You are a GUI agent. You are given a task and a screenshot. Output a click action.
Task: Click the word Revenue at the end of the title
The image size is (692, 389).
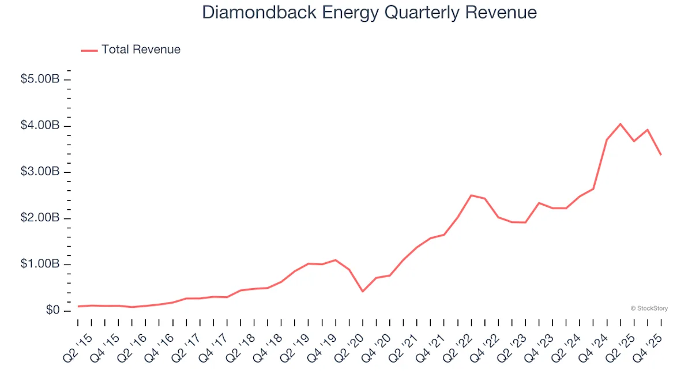pos(503,13)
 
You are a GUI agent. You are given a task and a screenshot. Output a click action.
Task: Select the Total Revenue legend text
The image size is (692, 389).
pos(141,50)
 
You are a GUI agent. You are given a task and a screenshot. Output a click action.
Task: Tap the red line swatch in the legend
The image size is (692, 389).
pos(89,50)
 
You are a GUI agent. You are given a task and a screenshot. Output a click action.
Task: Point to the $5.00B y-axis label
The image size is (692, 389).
pos(40,80)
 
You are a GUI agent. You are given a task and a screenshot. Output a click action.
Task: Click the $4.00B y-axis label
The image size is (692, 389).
pos(40,126)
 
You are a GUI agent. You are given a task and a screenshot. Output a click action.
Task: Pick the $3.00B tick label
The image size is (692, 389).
pos(40,172)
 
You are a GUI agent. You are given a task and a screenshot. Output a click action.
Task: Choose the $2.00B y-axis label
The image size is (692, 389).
pos(40,218)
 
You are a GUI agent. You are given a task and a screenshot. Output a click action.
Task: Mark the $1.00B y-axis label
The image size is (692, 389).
pos(40,264)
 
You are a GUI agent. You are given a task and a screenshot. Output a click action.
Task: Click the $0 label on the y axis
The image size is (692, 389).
pos(52,311)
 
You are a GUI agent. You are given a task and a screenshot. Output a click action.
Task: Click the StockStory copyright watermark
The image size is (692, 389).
pos(649,308)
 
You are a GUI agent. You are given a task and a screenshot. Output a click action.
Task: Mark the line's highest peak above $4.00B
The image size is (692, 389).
pos(620,124)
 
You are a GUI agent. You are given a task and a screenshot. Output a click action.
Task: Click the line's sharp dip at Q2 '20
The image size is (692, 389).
pos(363,292)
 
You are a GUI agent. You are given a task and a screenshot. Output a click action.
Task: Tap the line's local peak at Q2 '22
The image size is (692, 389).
pos(471,195)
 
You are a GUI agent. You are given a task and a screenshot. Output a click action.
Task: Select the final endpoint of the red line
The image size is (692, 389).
pos(661,154)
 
